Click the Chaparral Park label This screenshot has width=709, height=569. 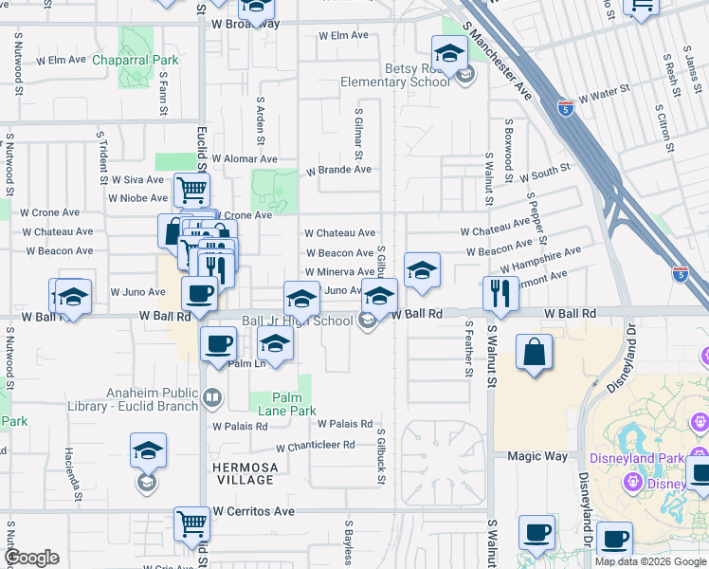pos(136,60)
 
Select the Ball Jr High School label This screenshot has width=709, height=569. pos(297,321)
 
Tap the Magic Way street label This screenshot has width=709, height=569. pos(536,456)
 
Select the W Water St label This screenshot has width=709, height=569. pos(605,95)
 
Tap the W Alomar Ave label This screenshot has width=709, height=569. pos(245,159)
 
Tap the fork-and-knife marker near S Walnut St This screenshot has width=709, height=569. pos(500,294)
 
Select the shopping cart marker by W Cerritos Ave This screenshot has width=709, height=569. pos(191,523)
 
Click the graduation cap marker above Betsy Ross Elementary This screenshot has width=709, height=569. pos(449,52)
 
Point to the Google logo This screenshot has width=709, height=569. pos(31,558)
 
